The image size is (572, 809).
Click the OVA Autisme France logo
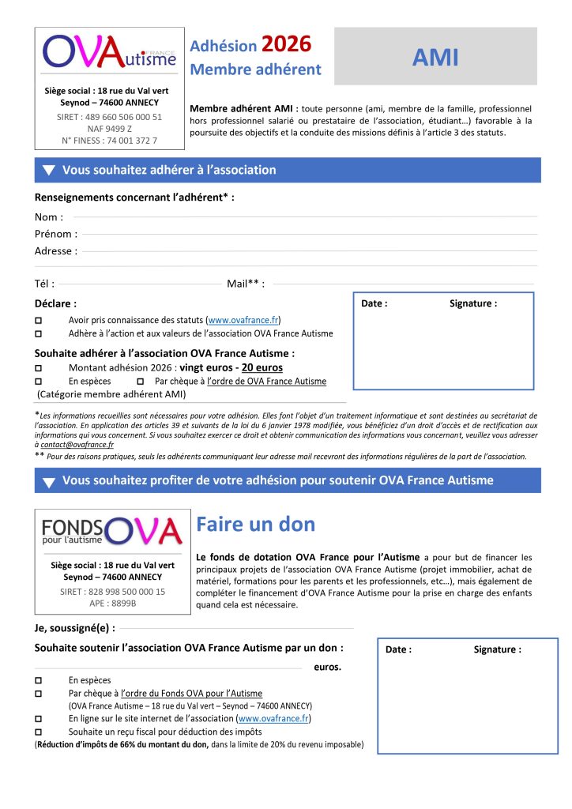click(109, 52)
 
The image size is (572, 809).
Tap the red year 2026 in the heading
click(286, 44)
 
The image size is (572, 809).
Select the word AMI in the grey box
click(435, 57)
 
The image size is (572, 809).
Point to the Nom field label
click(49, 216)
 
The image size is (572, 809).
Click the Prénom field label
click(55, 234)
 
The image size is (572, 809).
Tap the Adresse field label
click(55, 251)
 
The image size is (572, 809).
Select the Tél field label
click(44, 284)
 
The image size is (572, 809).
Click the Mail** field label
click(245, 284)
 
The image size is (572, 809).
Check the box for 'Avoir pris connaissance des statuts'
click(40, 321)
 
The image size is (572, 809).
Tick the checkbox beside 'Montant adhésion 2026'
click(40, 368)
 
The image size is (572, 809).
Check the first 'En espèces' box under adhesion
click(40, 382)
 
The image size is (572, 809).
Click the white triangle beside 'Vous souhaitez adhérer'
click(49, 170)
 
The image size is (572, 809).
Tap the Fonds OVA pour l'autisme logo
click(111, 532)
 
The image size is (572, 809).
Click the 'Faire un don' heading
click(255, 524)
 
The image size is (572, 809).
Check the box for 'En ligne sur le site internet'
click(40, 719)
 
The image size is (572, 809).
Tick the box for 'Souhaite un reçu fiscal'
click(40, 732)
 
